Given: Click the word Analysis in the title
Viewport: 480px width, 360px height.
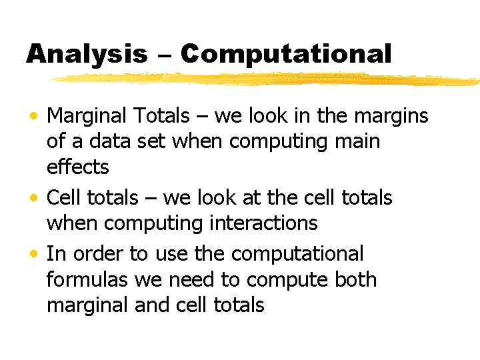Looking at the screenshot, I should pyautogui.click(x=87, y=55).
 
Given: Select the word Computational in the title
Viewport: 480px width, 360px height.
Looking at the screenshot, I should pyautogui.click(x=285, y=55).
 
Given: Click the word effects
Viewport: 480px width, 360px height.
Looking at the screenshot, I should pyautogui.click(x=77, y=167).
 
